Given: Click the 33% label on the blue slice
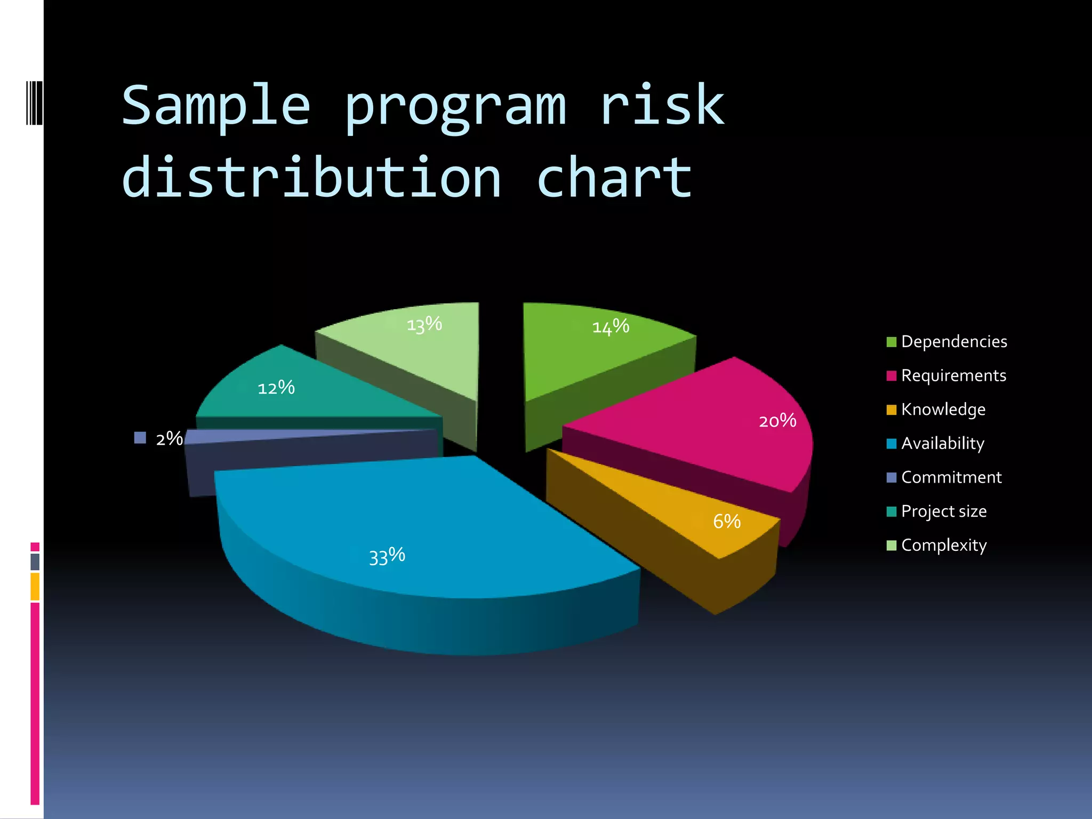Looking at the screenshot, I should (x=387, y=556).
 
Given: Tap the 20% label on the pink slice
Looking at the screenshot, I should (x=777, y=421).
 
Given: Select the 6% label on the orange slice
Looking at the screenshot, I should (x=727, y=521).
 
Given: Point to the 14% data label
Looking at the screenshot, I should (x=611, y=326).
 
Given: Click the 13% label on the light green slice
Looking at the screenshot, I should (x=424, y=324).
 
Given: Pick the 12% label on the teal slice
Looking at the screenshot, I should (x=276, y=388).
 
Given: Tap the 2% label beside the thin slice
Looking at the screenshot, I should (x=170, y=438).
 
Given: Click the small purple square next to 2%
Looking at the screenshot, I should (x=140, y=438).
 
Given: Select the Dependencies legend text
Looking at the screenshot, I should (x=954, y=341).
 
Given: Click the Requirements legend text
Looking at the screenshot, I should (x=953, y=375).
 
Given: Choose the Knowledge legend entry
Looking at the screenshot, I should (x=943, y=409).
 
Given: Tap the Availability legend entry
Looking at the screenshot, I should (x=943, y=443).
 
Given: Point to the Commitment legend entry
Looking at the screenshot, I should (x=951, y=477).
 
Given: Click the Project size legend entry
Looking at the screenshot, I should (x=944, y=511).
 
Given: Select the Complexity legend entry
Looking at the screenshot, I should (x=944, y=545).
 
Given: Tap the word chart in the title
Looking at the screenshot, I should (x=614, y=178).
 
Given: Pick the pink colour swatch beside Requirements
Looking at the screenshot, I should (x=891, y=376).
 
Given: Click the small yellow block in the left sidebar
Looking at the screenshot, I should (x=35, y=586).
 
